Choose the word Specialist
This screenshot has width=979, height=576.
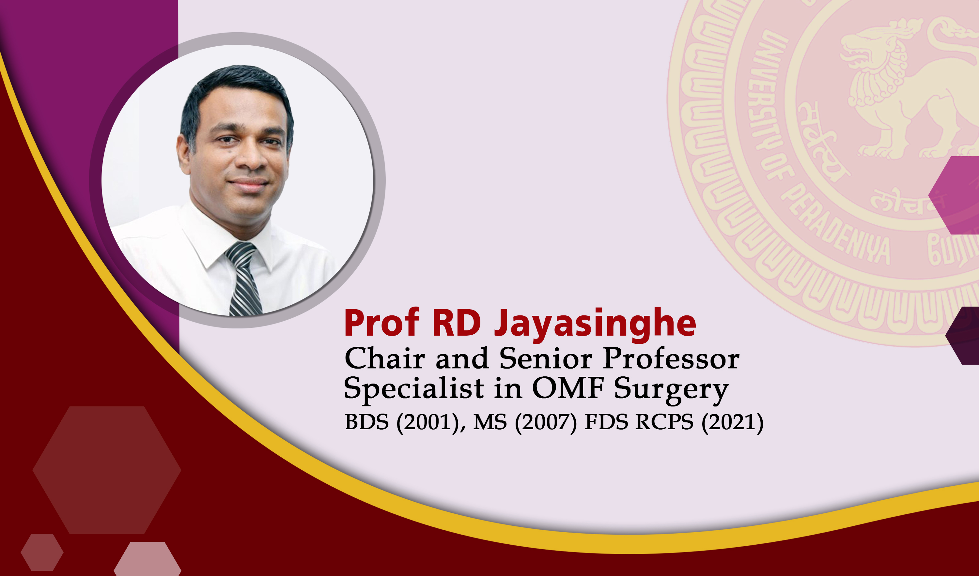click(414, 388)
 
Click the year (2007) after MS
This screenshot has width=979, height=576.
click(546, 422)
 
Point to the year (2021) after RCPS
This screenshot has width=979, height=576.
click(732, 422)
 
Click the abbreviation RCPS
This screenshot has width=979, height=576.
click(664, 422)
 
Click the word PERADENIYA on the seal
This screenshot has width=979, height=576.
click(835, 225)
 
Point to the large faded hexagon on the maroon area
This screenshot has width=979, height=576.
click(107, 470)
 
